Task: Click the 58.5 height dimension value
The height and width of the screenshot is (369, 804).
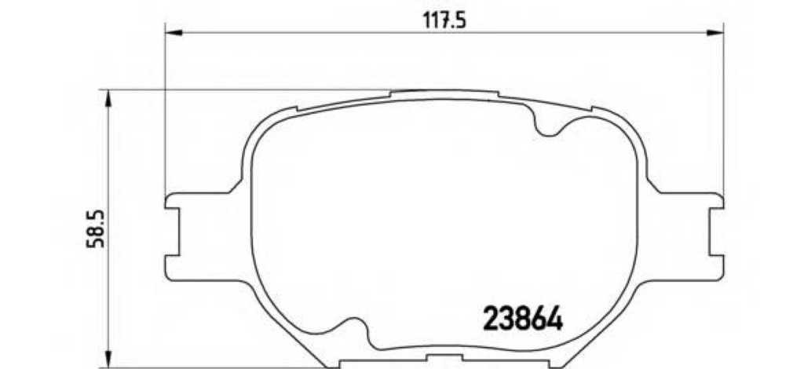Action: coord(95,228)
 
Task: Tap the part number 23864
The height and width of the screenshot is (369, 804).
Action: coord(523,319)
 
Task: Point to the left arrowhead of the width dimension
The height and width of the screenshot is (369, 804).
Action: coord(174,33)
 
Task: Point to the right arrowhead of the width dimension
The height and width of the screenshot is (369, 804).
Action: coord(714,33)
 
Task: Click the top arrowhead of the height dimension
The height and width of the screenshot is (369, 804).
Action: coord(108,98)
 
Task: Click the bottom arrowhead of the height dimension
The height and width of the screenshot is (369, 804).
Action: coord(108,359)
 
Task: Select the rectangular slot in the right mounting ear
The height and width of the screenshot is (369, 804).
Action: coord(716,232)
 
